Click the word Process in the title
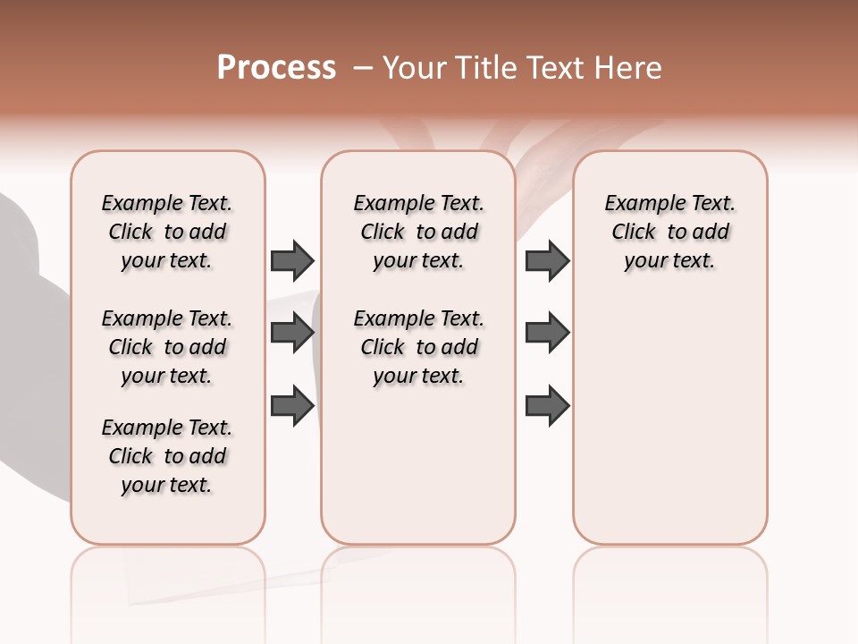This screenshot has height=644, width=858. point(276,68)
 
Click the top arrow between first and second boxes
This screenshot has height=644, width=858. point(292,260)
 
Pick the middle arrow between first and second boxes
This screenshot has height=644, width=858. point(292,333)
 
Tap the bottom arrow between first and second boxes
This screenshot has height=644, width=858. point(292,405)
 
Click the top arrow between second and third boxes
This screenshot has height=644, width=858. point(547,260)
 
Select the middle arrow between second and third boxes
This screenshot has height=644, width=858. point(547,333)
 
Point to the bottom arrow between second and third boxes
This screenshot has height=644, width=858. point(547,405)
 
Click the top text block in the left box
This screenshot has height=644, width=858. point(167,232)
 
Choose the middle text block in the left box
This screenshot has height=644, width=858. point(167,347)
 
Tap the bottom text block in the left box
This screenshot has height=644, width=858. point(167,456)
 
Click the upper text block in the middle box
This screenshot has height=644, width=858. point(418,232)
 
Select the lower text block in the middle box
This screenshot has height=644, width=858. point(418,347)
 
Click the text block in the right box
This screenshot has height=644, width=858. point(669,232)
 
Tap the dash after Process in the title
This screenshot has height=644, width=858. point(363,68)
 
